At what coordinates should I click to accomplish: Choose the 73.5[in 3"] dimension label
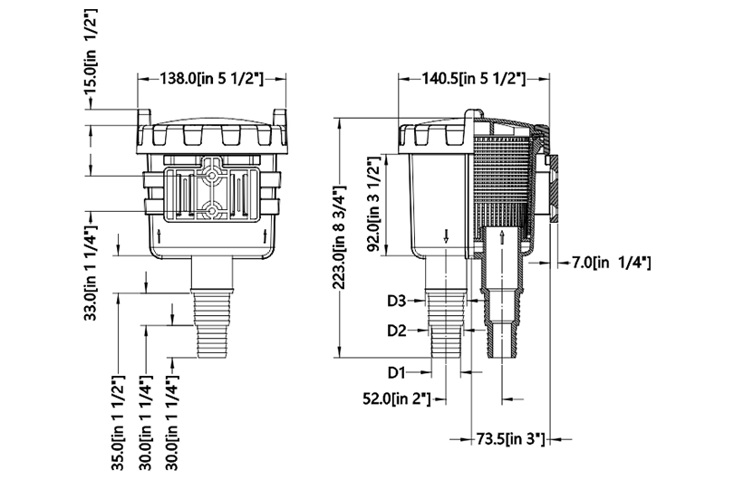pos(510,439)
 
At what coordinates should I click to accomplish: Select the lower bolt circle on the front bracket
pos(212,211)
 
